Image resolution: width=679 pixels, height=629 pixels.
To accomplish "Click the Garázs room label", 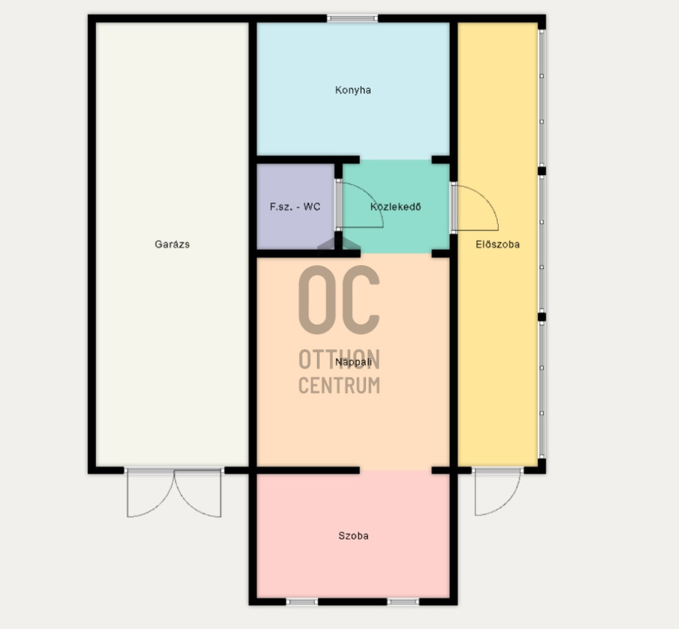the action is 172,244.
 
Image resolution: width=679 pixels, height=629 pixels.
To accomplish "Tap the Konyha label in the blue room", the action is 353,90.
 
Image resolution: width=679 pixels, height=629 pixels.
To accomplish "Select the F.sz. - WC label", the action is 295,207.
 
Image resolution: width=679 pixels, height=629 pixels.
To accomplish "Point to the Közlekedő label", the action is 395,207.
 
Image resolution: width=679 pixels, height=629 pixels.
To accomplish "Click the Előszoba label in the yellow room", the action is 497,244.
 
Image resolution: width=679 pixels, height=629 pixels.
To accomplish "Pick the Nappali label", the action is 353,362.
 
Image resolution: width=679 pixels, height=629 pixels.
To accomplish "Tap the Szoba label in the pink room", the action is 353,536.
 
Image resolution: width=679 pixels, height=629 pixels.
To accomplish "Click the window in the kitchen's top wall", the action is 353,18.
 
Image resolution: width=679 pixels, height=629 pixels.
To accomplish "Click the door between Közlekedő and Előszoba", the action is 473,208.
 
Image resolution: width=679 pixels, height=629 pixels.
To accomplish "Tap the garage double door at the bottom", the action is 174,492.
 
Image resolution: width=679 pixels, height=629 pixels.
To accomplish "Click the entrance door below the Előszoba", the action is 498,492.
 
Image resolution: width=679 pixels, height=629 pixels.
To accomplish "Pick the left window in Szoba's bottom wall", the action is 302,602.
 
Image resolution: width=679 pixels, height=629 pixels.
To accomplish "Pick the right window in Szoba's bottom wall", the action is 403,602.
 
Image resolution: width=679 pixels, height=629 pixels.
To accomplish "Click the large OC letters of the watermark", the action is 339,300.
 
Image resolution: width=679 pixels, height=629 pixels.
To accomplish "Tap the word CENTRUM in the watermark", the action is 339,385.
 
